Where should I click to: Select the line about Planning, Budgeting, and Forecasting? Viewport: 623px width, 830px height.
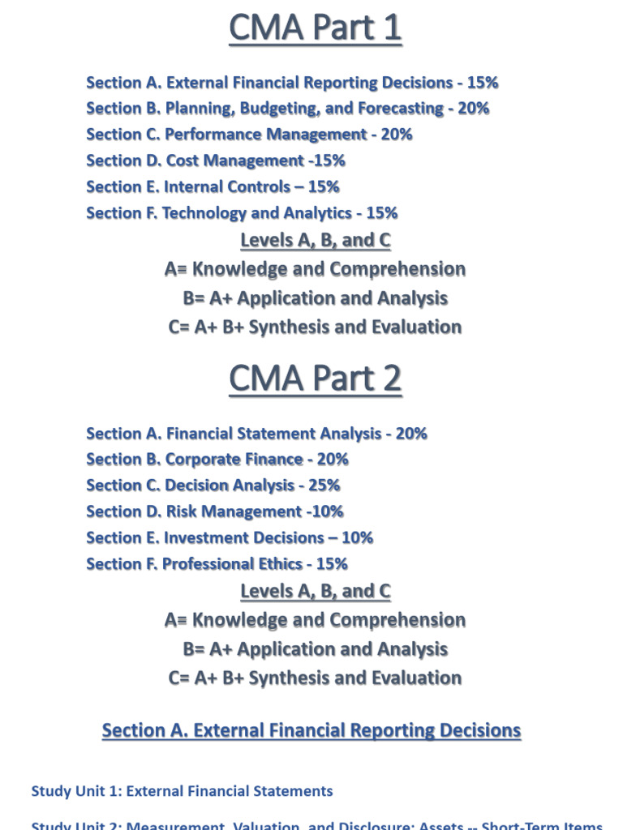(x=287, y=108)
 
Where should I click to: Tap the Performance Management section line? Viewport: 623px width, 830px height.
(x=249, y=134)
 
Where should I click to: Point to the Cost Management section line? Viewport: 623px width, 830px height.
(x=215, y=160)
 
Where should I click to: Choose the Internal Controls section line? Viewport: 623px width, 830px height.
(x=213, y=186)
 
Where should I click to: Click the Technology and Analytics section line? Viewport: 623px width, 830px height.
(x=242, y=213)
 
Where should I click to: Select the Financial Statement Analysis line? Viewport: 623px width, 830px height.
(x=256, y=434)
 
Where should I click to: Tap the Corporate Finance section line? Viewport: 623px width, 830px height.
(x=217, y=459)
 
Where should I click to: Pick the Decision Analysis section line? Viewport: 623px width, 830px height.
(x=213, y=485)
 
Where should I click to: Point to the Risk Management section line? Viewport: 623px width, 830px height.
(x=214, y=511)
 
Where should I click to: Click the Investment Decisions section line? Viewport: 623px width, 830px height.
(x=230, y=537)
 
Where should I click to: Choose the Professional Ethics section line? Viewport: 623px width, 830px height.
(x=217, y=563)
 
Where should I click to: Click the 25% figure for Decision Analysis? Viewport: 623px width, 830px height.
(x=324, y=485)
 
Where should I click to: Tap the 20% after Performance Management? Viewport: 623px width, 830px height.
(x=396, y=134)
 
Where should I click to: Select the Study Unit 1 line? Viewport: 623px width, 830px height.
(x=182, y=790)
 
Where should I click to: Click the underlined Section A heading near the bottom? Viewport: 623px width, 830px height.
(x=311, y=730)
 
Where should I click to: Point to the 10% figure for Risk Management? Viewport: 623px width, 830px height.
(x=327, y=511)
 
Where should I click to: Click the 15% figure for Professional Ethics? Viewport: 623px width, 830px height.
(x=332, y=563)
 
